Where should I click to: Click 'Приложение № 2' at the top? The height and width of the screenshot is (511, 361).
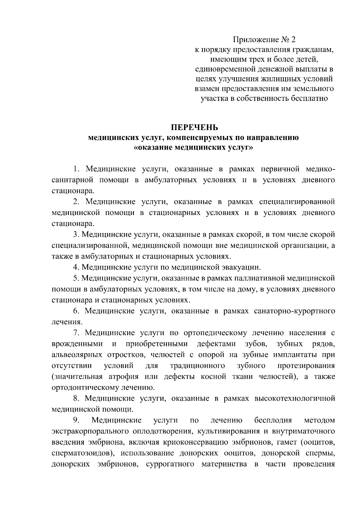(x=264, y=39)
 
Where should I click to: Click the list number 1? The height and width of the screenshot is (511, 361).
(x=76, y=169)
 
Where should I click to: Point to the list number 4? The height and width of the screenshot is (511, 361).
(x=76, y=267)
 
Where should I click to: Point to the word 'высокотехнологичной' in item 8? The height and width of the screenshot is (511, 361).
(x=295, y=398)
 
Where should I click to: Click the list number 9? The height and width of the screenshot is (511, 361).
(x=76, y=420)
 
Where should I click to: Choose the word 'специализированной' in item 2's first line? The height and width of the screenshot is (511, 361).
(x=297, y=201)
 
